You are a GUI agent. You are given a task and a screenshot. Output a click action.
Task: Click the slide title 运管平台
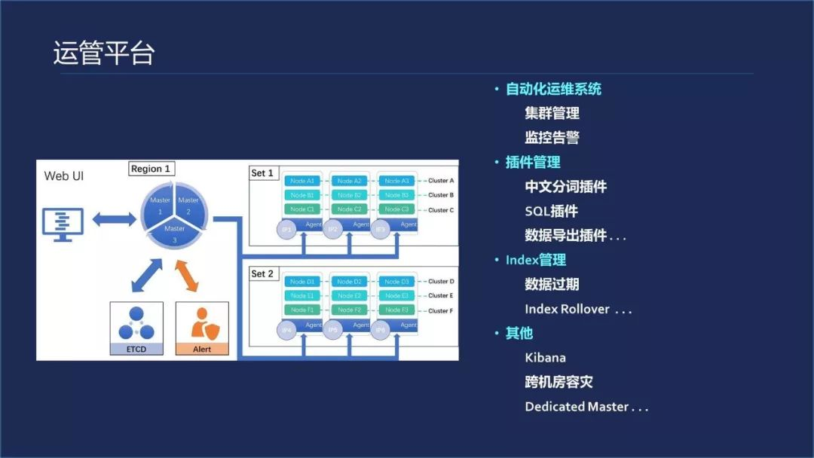(x=104, y=53)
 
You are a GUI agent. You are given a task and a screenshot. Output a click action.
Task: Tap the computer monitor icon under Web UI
(x=63, y=224)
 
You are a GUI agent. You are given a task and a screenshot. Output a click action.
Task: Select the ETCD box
(x=136, y=328)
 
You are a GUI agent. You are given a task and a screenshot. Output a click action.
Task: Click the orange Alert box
(x=201, y=328)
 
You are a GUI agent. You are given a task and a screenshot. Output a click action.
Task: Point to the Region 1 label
(x=151, y=169)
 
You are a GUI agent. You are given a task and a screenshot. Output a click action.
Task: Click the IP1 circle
(x=286, y=228)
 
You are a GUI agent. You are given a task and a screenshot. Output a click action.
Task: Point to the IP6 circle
(x=381, y=329)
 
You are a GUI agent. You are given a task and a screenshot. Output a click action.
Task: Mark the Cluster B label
(x=441, y=195)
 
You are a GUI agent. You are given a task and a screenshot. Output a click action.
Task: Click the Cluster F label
(x=441, y=310)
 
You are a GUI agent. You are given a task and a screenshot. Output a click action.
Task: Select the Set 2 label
(x=262, y=273)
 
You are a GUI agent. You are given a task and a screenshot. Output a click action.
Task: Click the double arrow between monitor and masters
(x=114, y=218)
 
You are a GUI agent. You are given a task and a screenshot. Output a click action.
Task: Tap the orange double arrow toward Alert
(x=186, y=276)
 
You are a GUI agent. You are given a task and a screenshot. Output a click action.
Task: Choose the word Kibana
(x=545, y=357)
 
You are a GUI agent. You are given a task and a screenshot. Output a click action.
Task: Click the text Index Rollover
(x=568, y=309)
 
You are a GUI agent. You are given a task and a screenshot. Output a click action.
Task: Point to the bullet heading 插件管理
(x=533, y=162)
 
